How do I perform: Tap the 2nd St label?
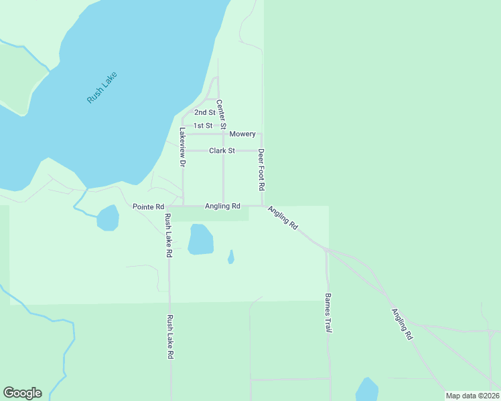pyautogui.click(x=204, y=112)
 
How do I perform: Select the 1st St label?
pyautogui.click(x=203, y=126)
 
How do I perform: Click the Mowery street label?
pyautogui.click(x=242, y=134)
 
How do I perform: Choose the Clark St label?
pyautogui.click(x=222, y=151)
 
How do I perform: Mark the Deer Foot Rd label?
pyautogui.click(x=262, y=168)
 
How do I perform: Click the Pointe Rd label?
pyautogui.click(x=148, y=207)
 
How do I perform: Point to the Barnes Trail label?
pyautogui.click(x=328, y=313)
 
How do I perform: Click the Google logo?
pyautogui.click(x=22, y=393)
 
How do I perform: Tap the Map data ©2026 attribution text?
pyautogui.click(x=472, y=396)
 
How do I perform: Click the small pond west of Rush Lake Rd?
pyautogui.click(x=108, y=218)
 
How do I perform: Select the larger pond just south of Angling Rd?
pyautogui.click(x=200, y=239)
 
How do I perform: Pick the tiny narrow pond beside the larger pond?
pyautogui.click(x=230, y=257)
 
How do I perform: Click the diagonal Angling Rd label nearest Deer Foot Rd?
pyautogui.click(x=283, y=219)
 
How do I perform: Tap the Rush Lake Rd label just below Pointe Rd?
pyautogui.click(x=169, y=236)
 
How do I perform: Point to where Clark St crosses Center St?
pyautogui.click(x=223, y=151)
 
